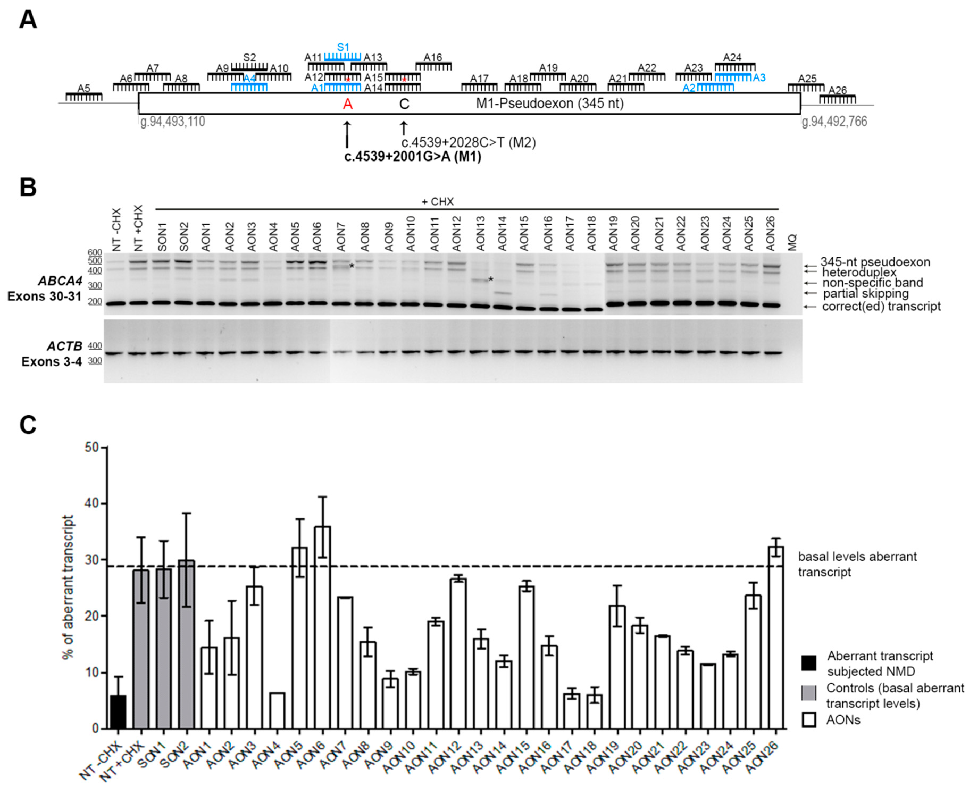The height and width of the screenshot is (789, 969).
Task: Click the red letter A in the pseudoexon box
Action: [347, 104]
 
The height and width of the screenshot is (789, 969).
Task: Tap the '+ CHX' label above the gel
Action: [437, 201]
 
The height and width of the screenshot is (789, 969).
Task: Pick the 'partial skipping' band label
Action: [866, 294]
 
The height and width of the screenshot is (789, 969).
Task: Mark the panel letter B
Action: [28, 187]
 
